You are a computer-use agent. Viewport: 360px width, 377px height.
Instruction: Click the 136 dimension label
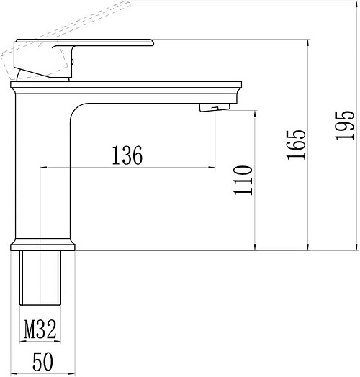click(x=127, y=155)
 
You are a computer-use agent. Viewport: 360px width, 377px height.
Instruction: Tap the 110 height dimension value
click(x=243, y=180)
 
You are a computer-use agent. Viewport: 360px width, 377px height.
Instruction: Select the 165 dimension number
click(x=296, y=145)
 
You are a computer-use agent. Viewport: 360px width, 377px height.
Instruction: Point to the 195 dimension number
click(x=345, y=125)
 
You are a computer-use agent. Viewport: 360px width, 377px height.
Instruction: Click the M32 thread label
click(x=40, y=329)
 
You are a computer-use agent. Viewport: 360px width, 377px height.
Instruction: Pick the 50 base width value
click(x=42, y=362)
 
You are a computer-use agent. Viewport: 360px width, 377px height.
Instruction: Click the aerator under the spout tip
click(x=215, y=107)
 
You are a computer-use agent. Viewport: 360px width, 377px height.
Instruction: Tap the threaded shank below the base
click(x=40, y=278)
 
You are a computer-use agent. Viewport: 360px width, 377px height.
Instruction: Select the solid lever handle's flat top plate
click(x=85, y=42)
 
